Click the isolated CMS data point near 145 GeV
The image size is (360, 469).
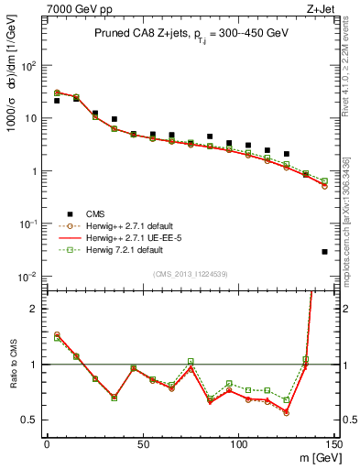[325, 251]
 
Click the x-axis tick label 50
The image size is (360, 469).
[143, 444]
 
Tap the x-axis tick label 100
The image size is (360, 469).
[239, 444]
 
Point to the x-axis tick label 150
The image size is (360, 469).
[333, 444]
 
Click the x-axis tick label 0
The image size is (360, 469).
[47, 444]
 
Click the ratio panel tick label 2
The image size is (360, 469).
[35, 309]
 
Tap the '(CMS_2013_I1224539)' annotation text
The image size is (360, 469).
[190, 274]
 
